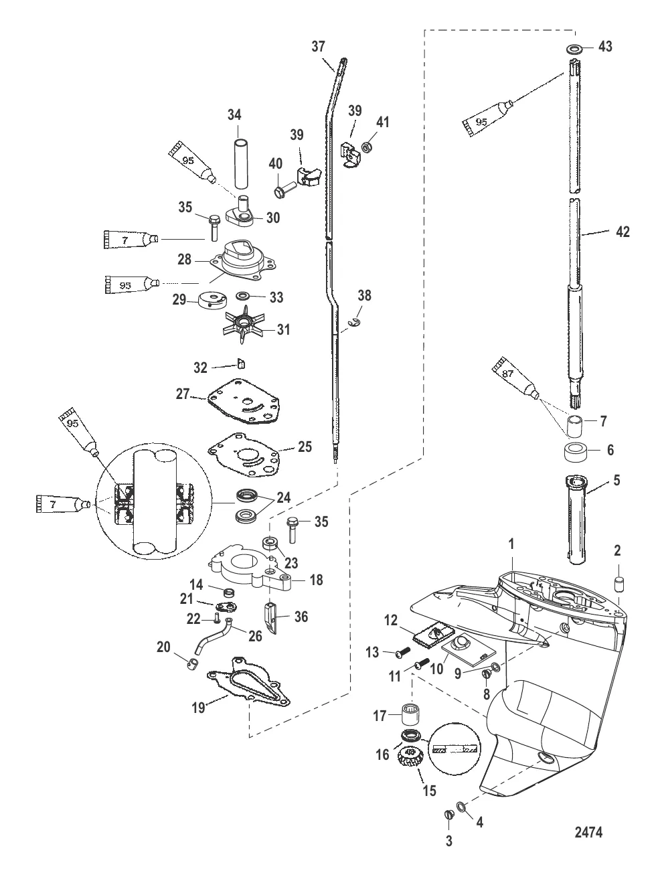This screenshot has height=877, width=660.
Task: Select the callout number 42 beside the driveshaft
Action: pos(622,232)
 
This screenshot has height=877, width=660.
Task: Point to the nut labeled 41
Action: pos(367,146)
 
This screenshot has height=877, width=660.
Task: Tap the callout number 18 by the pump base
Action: pos(315,580)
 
